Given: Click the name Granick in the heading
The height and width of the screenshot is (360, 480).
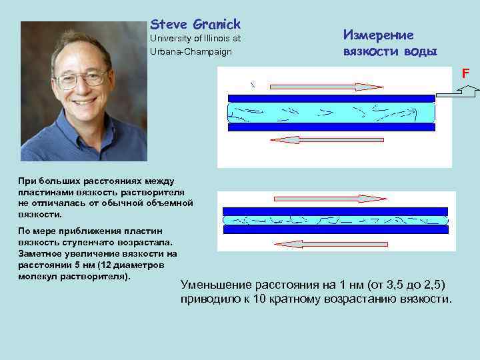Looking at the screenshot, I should coord(216,25).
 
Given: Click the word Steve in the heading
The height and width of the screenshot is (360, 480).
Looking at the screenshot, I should coord(168,25).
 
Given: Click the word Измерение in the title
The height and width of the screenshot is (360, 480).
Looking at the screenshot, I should coord(378,35).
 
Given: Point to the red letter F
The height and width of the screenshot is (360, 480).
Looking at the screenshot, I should coord(467,75).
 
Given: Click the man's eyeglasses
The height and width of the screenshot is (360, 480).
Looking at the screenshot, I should coord(81,79).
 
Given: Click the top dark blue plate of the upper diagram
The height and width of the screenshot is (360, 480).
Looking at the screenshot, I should coord(331,99).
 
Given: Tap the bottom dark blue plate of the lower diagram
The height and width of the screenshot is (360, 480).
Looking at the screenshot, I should coord(335,229).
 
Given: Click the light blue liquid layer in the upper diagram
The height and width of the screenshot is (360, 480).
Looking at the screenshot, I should coord(331,111).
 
